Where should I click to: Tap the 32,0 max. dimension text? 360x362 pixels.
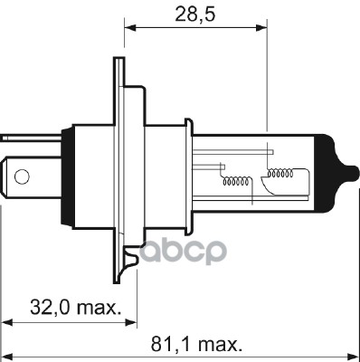pyautogui.click(x=75, y=307)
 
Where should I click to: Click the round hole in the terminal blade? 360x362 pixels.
pyautogui.click(x=22, y=176)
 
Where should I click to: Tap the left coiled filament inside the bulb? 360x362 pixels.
pyautogui.click(x=236, y=181)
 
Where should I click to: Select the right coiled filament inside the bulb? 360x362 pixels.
pyautogui.click(x=280, y=173)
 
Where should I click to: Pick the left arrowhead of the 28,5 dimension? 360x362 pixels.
pyautogui.click(x=130, y=28)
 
